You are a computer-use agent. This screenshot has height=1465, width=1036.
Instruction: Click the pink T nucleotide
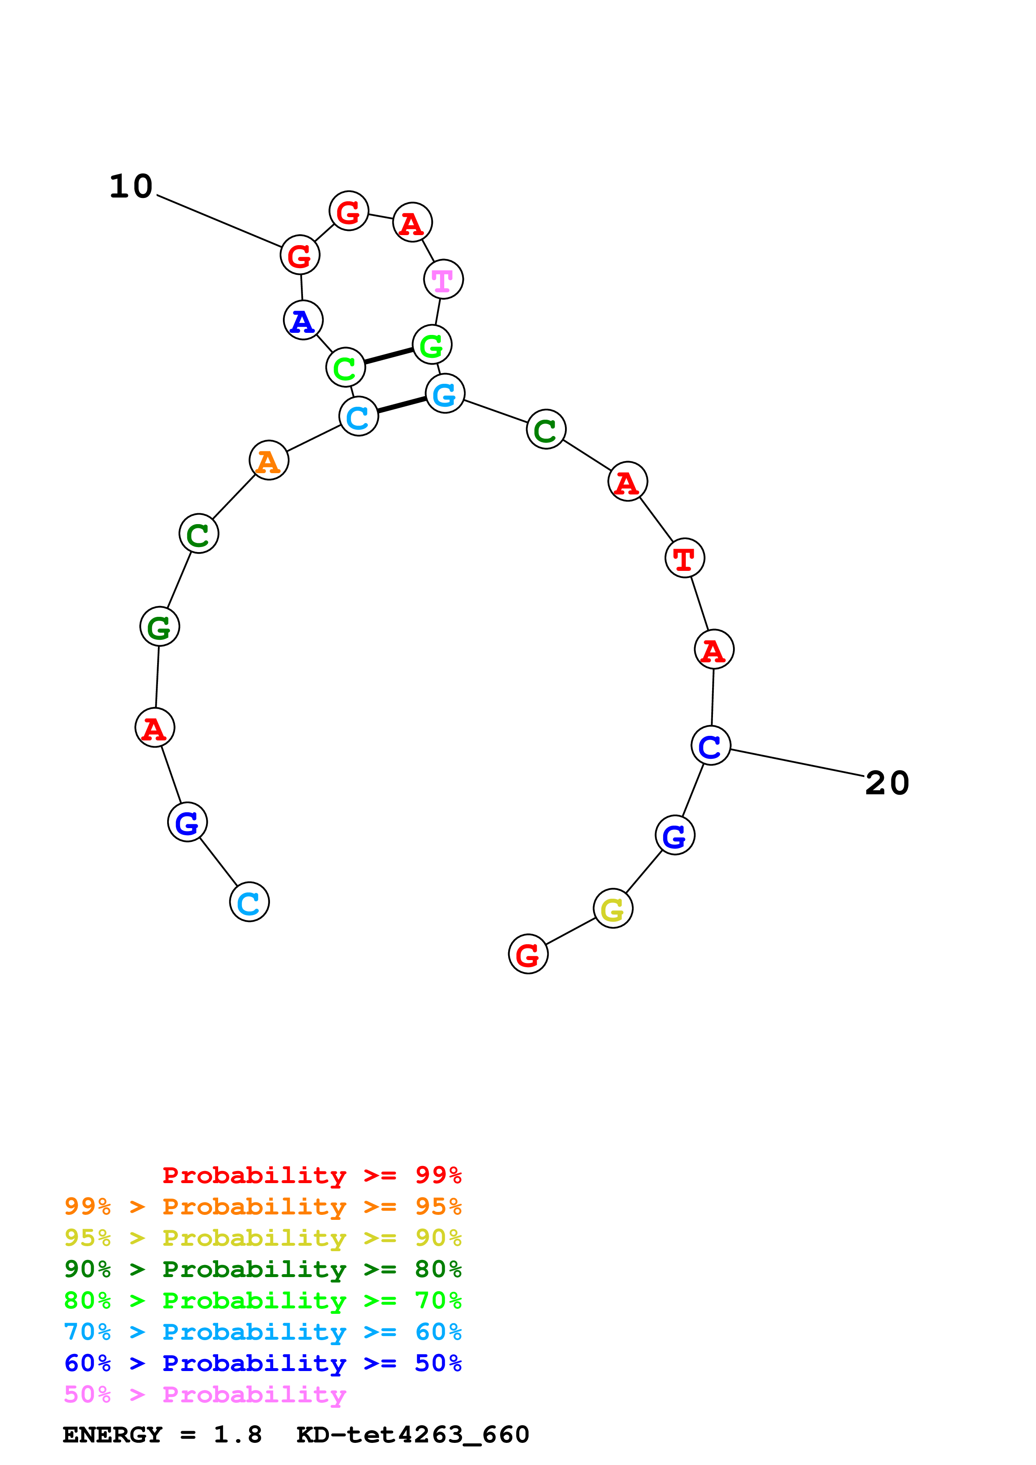tap(443, 279)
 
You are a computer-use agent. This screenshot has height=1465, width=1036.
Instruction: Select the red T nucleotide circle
tap(684, 558)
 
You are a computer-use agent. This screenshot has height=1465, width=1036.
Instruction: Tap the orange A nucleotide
tap(269, 460)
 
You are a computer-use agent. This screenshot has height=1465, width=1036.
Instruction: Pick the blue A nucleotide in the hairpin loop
tap(303, 320)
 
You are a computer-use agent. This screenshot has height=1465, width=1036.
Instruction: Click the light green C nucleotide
tap(345, 368)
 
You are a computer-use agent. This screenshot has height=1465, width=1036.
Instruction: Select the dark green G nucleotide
tap(160, 626)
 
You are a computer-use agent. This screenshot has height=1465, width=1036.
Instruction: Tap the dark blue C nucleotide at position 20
tap(710, 745)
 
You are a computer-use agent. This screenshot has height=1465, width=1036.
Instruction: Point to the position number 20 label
tap(887, 783)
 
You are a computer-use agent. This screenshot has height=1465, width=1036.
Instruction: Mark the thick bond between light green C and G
tap(389, 356)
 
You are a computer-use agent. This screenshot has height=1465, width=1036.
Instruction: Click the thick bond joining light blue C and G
tap(402, 405)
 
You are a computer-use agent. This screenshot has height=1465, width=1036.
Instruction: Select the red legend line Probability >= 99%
tap(311, 1175)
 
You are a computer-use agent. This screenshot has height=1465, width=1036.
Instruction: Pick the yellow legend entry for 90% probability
tap(262, 1238)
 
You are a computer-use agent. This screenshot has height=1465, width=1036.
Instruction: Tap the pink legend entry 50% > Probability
tap(205, 1395)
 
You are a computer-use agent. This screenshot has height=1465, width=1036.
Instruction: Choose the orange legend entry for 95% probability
tap(262, 1206)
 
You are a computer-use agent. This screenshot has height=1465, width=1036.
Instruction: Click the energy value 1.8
tap(237, 1435)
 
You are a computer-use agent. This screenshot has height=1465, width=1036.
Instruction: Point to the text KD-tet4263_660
tap(412, 1435)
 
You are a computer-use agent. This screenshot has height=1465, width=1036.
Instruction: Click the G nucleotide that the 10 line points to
tap(299, 255)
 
